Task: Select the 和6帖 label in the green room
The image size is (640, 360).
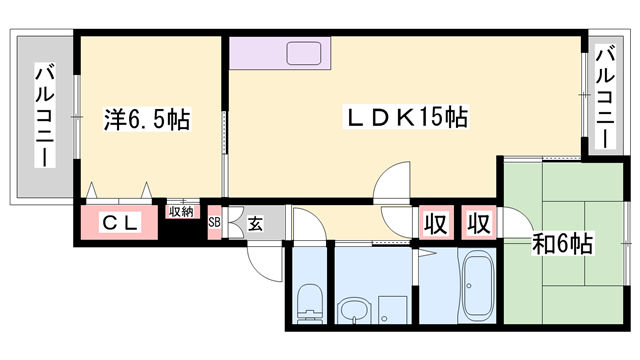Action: pyautogui.click(x=561, y=244)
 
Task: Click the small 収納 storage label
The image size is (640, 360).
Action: pyautogui.click(x=181, y=212)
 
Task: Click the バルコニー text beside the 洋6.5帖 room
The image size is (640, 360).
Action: pyautogui.click(x=44, y=114)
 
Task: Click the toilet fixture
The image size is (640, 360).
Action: pyautogui.click(x=309, y=300)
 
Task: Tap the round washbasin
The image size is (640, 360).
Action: pyautogui.click(x=353, y=310)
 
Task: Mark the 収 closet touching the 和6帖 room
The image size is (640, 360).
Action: pyautogui.click(x=479, y=223)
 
